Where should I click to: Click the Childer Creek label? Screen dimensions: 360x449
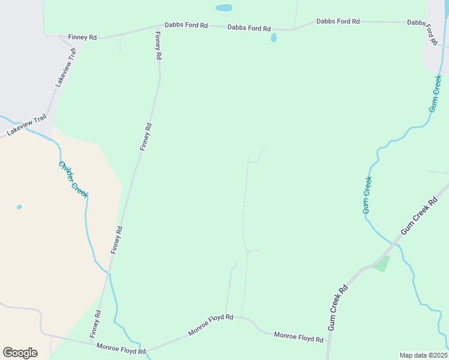point(73,179)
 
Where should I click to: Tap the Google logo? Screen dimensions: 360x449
point(20,353)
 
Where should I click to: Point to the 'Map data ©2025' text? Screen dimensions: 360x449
point(423,355)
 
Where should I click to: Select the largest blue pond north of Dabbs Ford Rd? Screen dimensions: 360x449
point(223,8)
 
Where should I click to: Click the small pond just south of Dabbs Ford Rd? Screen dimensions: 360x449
point(274,38)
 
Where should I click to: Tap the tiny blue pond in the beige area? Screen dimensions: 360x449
point(19,207)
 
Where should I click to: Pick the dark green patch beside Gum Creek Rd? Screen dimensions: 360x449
point(382,264)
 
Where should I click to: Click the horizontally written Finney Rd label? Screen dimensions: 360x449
point(82,37)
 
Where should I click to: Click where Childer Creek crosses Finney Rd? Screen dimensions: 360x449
point(109,273)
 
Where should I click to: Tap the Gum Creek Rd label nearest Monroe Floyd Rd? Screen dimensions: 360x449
point(338,307)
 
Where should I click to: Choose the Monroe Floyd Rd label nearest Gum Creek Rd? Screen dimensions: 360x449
point(298,337)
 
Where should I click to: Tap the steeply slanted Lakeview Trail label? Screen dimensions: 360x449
point(67,67)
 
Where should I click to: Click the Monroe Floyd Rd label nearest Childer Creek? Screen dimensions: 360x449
point(121,349)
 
